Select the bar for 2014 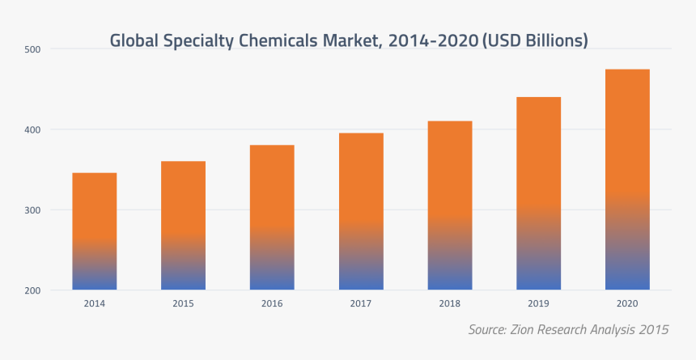[95, 231]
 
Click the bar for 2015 [183, 226]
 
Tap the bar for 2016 [272, 218]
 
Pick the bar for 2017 [361, 211]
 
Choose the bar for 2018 [450, 205]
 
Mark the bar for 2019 [538, 193]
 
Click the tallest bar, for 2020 [627, 180]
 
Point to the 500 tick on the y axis [33, 49]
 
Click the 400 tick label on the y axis [33, 129]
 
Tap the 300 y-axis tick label [33, 210]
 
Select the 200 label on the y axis [33, 290]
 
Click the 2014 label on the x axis [95, 303]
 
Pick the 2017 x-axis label [361, 303]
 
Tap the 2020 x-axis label [627, 303]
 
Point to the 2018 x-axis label [450, 303]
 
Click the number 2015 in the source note [654, 329]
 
